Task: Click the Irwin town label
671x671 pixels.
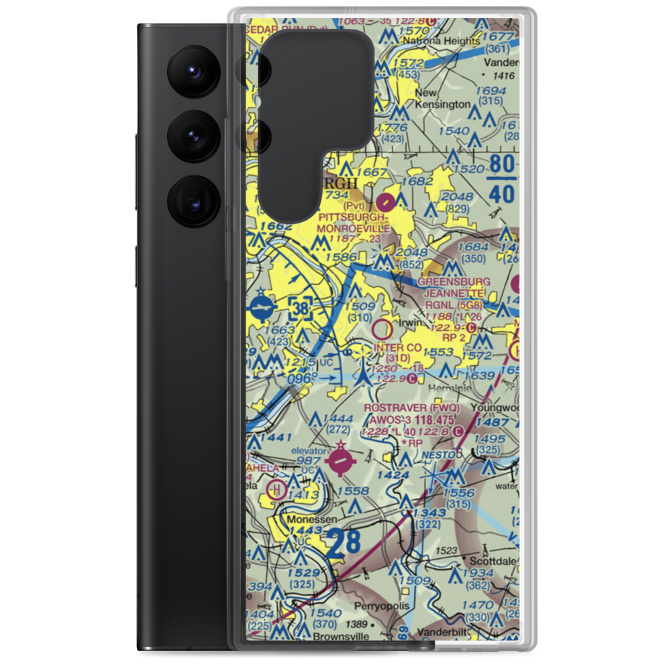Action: coord(410,323)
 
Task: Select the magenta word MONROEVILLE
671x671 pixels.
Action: coord(354,228)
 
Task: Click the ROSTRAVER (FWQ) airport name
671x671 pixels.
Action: coord(411,407)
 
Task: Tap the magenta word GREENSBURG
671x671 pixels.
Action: coord(454,282)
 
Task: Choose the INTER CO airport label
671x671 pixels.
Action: coord(398,348)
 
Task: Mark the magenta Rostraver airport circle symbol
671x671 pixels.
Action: coord(342,462)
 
